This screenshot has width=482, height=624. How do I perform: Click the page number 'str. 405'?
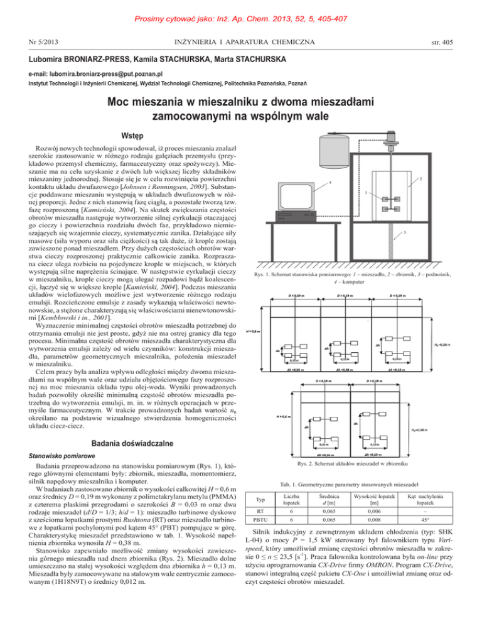pos(458,43)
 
